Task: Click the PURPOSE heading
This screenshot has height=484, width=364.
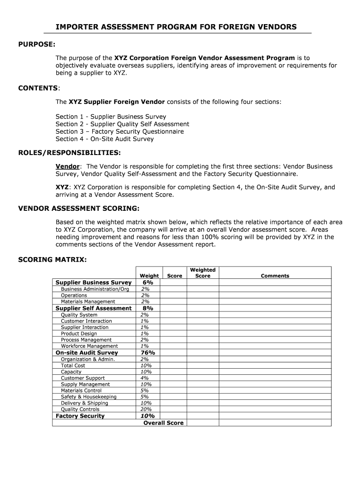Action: pos(37,44)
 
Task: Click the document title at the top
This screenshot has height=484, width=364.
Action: pos(176,27)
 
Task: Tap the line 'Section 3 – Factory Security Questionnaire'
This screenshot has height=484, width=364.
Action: pos(120,131)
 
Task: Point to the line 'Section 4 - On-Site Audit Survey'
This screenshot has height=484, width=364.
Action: pos(104,139)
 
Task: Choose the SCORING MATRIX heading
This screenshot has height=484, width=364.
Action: pos(52,259)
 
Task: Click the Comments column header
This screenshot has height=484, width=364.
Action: pos(275,276)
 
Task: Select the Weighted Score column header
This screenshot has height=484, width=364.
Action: pos(203,273)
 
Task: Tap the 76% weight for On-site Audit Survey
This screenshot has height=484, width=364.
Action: pos(148,353)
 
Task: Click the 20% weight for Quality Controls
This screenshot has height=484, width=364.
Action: pos(146,409)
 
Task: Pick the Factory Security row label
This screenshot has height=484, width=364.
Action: pos(80,416)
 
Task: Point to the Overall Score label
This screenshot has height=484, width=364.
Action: pos(163,423)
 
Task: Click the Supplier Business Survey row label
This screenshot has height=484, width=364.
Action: pos(94,283)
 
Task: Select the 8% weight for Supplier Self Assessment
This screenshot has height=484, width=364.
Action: pos(148,308)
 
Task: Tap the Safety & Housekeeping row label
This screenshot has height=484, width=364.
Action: pos(88,397)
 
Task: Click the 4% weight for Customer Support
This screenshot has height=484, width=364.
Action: pos(145,378)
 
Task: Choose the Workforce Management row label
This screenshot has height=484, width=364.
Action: pos(89,346)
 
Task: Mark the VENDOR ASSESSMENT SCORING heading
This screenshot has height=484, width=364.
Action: pos(78,208)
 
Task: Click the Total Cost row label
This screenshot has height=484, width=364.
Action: pos(73,365)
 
